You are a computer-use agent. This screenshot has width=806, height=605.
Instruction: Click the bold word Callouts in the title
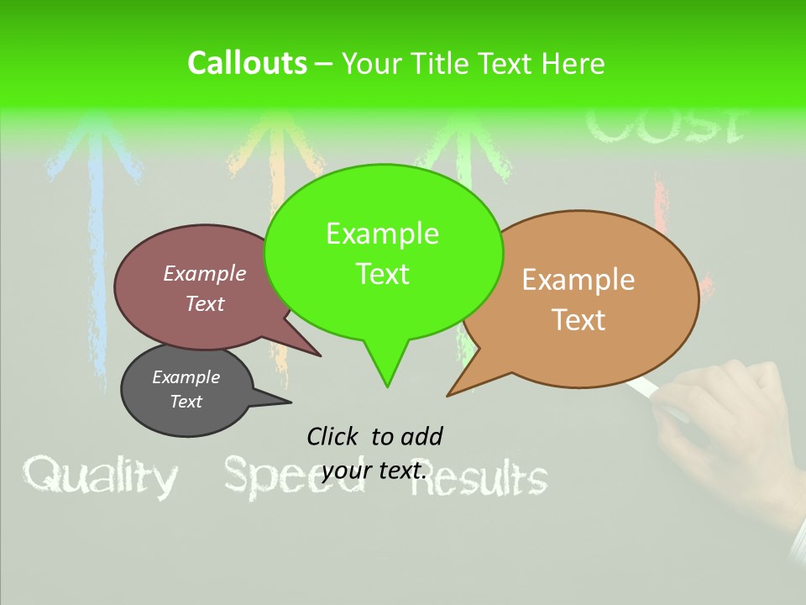pos(247,63)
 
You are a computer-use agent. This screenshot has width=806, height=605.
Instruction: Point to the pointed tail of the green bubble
pos(386,381)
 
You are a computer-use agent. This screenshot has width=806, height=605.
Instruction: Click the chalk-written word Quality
pos(101,477)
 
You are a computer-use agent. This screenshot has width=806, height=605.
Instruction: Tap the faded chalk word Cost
pos(663,126)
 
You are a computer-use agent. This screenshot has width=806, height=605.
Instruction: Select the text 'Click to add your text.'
pos(374,453)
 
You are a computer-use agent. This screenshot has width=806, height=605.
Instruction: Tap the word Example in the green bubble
pos(382,234)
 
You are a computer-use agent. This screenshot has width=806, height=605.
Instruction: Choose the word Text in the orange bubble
pos(579,320)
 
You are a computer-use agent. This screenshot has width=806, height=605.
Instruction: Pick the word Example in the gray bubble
pos(186,377)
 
